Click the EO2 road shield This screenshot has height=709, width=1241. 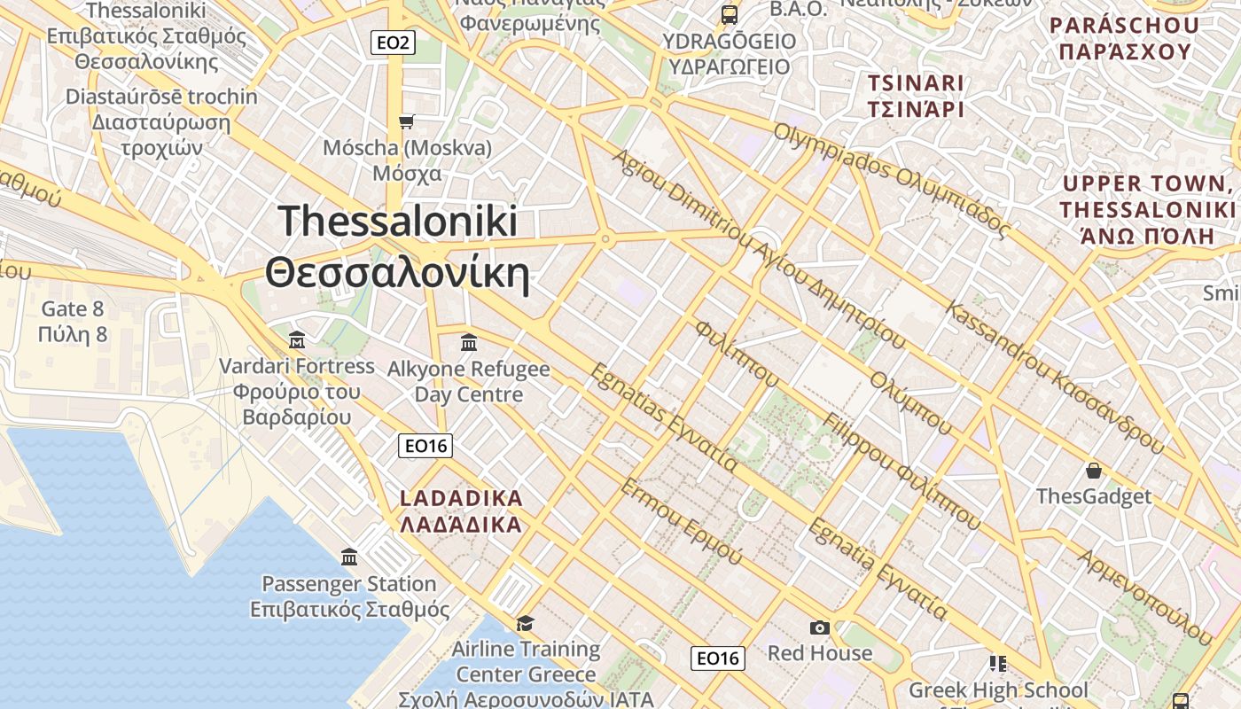tap(392, 42)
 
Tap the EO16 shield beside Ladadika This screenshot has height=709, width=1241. tap(425, 446)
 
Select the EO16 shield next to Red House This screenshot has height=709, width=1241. tap(717, 658)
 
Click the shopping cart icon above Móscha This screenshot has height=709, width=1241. tap(407, 121)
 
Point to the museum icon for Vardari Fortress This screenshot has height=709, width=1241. tap(297, 340)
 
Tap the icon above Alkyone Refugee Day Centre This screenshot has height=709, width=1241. tap(469, 342)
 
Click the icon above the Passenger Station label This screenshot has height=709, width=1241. tap(349, 557)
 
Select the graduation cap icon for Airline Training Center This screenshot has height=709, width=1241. tap(526, 623)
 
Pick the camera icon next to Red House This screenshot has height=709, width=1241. tap(820, 627)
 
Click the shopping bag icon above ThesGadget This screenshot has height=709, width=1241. tap(1094, 470)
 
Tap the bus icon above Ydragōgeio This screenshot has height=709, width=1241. tap(730, 14)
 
